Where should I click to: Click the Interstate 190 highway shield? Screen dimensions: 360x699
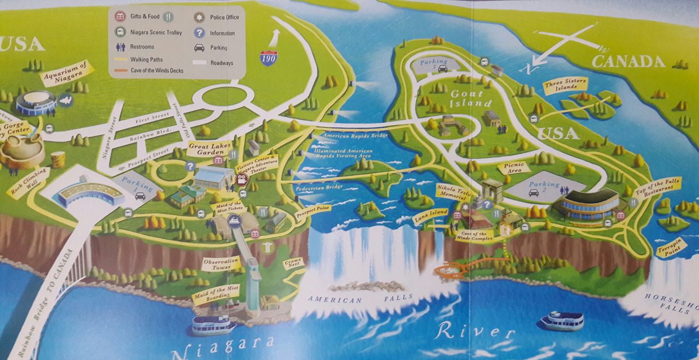(268, 58)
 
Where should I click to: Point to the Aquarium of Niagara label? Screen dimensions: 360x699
(66, 72)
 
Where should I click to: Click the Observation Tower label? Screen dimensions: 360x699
(221, 265)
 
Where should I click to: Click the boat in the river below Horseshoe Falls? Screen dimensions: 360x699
(561, 320)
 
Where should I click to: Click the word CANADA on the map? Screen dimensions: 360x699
(628, 61)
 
